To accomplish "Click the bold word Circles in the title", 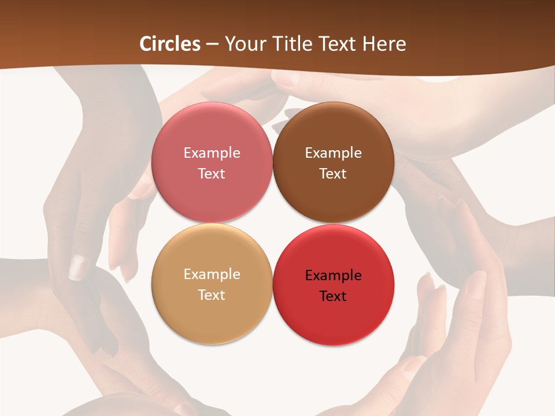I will (170, 44).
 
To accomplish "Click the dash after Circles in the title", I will (212, 44).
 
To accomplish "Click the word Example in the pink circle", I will (212, 153).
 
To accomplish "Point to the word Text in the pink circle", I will (212, 173).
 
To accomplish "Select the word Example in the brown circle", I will (333, 153).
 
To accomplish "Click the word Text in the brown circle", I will (333, 173).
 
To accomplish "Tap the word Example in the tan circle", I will (212, 274).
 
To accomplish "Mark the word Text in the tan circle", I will (212, 295).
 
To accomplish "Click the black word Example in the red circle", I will (333, 276).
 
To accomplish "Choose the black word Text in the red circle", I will (333, 296).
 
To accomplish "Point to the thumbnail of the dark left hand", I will (78, 267).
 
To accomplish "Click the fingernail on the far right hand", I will (477, 283).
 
